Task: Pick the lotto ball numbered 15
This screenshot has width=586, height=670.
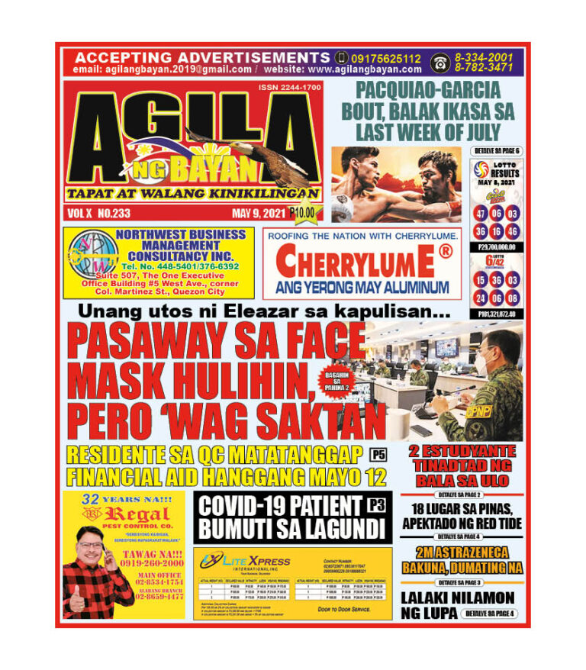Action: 481,279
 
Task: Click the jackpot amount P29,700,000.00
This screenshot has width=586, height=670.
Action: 497,246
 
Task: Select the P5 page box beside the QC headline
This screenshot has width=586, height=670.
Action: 377,456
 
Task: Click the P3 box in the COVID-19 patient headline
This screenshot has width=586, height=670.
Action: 375,504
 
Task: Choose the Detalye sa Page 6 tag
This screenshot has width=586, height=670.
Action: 497,152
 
